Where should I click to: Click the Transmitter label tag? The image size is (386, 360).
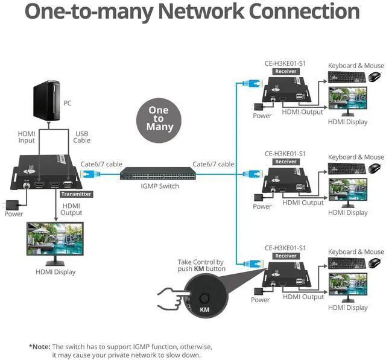click(x=76, y=194)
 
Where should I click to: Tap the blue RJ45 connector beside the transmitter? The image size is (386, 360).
click(x=89, y=174)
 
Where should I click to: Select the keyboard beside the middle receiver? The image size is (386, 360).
click(x=346, y=168)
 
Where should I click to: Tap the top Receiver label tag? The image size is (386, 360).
click(x=286, y=71)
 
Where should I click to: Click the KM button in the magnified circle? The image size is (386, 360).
click(x=204, y=298)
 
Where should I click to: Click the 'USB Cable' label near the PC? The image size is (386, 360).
click(x=82, y=137)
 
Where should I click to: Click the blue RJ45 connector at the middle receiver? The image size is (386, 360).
click(x=251, y=174)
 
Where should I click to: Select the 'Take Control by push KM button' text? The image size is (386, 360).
click(x=201, y=265)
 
